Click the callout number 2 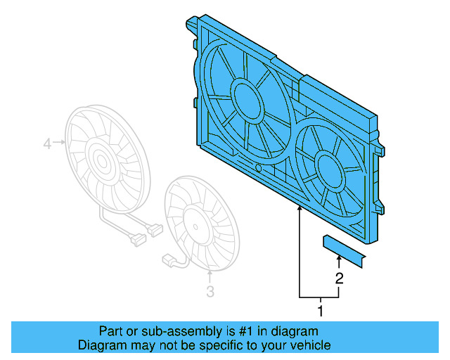pos(339,278)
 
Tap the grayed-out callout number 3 pos(210,292)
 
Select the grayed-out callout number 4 pos(47,144)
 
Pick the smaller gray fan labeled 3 pos(200,224)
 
